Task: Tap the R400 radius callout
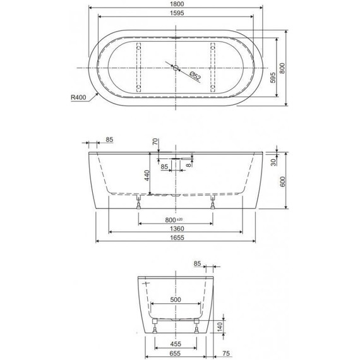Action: point(79,98)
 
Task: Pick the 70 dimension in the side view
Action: point(153,142)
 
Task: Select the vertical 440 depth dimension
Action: point(148,175)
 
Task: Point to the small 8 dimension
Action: point(189,165)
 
